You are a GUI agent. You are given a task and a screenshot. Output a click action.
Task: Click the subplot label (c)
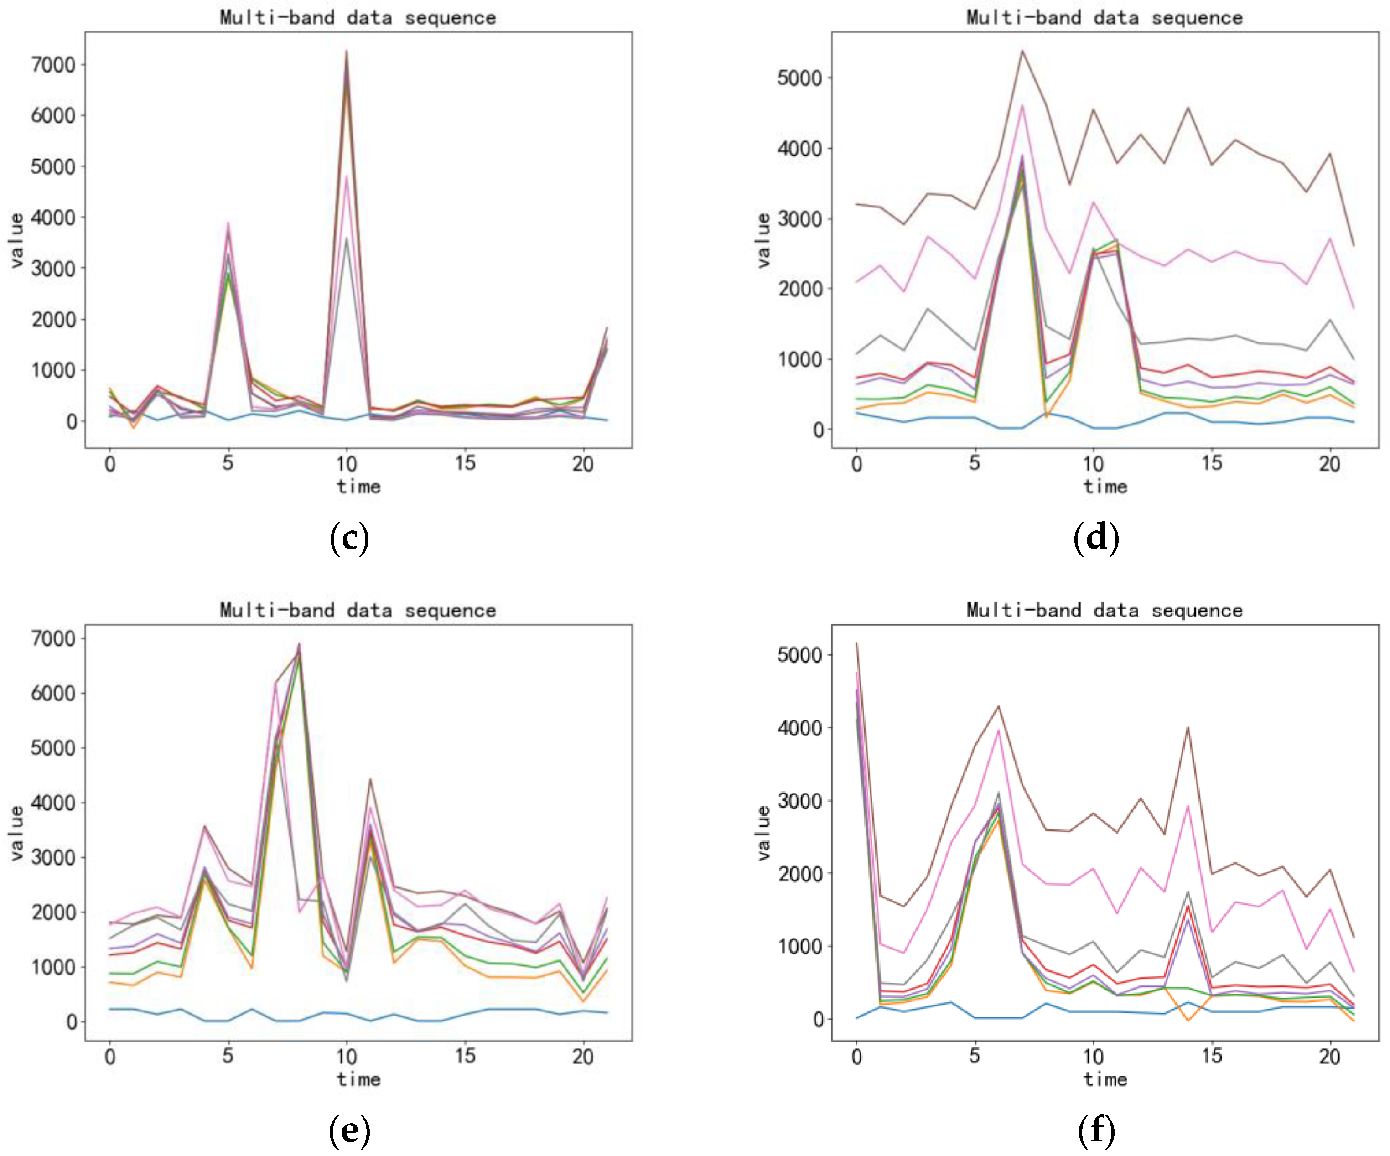click(x=349, y=538)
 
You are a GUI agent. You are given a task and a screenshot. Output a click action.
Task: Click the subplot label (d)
click(x=1096, y=538)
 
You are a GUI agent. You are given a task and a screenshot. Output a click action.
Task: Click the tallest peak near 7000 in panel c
click(x=346, y=51)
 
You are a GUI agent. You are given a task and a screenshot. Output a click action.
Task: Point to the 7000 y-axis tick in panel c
click(x=53, y=65)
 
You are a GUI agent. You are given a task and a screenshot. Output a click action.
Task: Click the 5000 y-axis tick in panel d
click(x=799, y=78)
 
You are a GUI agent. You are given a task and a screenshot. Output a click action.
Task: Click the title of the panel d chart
click(x=1104, y=17)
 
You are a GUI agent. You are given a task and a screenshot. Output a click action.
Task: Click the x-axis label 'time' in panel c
click(x=358, y=487)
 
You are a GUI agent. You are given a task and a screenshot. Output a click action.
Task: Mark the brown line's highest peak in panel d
click(x=1022, y=51)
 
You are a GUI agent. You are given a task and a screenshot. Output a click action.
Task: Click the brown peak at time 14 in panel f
click(x=1188, y=728)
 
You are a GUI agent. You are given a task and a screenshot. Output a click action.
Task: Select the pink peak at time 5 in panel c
click(x=228, y=223)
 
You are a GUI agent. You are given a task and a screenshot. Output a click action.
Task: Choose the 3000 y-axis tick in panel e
click(x=53, y=858)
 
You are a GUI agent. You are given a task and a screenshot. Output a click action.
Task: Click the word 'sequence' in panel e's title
click(x=450, y=610)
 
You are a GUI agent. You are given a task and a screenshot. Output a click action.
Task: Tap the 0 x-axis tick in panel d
click(x=856, y=463)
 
